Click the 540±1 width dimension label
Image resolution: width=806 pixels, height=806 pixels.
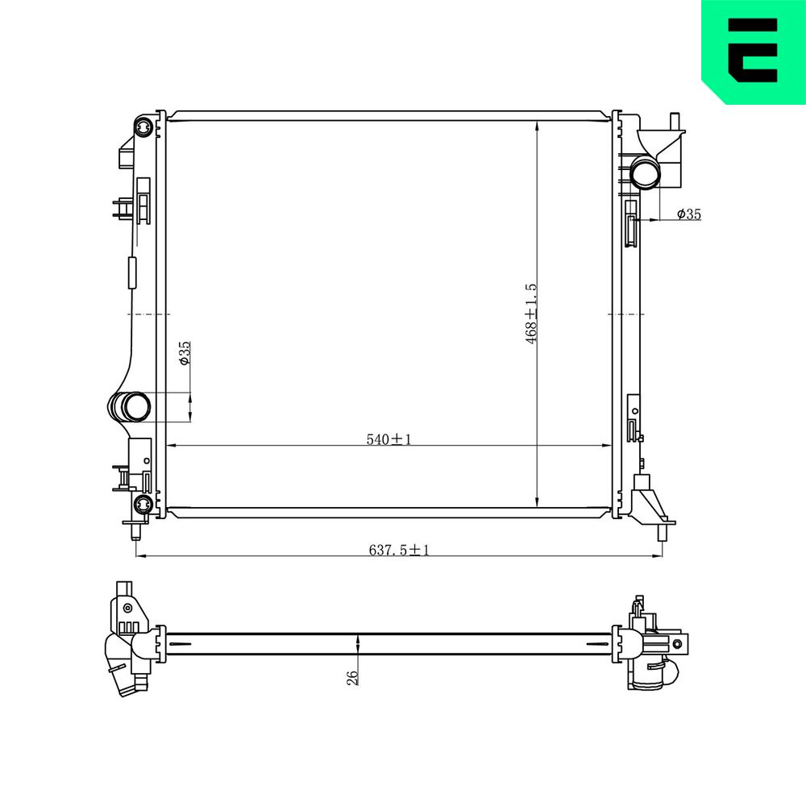point(388,439)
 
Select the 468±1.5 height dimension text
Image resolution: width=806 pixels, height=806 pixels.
point(531,314)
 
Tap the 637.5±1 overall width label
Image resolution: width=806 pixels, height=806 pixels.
point(399,550)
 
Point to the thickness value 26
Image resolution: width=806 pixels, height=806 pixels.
point(353,678)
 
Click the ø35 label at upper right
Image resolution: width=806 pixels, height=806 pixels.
point(689,214)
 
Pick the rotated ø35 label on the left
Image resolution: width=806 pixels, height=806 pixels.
point(185,353)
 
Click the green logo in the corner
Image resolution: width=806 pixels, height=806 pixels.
point(754,52)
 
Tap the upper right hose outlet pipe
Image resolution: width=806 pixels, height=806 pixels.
point(644,173)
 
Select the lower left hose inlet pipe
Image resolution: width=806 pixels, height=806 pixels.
point(130,406)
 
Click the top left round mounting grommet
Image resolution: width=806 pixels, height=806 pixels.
point(143,126)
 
